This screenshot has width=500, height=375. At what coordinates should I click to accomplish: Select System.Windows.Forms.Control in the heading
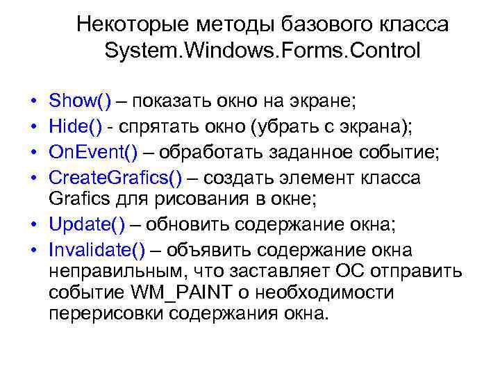[262, 51]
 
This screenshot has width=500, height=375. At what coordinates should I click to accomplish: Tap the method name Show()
[80, 102]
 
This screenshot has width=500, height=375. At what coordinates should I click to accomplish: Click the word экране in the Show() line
[325, 102]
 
